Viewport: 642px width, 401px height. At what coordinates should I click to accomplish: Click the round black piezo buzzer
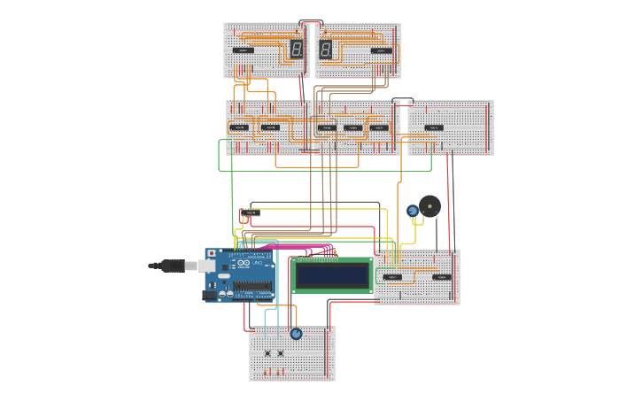coord(430,206)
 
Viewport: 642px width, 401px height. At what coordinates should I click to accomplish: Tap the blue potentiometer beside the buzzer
coord(413,211)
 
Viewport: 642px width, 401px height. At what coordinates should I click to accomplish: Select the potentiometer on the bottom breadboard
coord(296,334)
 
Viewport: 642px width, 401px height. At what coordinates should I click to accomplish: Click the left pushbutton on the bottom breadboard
coord(267,353)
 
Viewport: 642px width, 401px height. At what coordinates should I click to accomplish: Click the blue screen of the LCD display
coord(332,275)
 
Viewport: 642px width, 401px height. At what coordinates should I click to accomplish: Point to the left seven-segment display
coord(297,50)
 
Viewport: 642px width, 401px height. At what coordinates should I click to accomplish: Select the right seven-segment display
coord(326,50)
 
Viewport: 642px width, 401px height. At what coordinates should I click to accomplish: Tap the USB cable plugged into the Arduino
coord(173,265)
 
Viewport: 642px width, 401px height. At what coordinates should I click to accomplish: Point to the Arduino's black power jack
coord(211,296)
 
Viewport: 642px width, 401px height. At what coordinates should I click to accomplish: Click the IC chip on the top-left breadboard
coord(243,50)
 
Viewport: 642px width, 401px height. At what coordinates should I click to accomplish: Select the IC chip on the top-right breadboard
coord(381,50)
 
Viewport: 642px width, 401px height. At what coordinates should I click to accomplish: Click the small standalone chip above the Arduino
coord(251,213)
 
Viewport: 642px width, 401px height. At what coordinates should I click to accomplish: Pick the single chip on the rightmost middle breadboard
coord(434,127)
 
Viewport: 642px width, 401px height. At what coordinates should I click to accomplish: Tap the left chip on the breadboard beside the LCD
coord(392,277)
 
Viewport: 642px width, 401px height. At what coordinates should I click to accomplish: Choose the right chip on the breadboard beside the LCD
coord(441,277)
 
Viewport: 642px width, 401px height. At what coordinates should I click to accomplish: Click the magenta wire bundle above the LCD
coord(301,248)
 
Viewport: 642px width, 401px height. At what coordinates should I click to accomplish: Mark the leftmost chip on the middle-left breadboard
coord(238,127)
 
